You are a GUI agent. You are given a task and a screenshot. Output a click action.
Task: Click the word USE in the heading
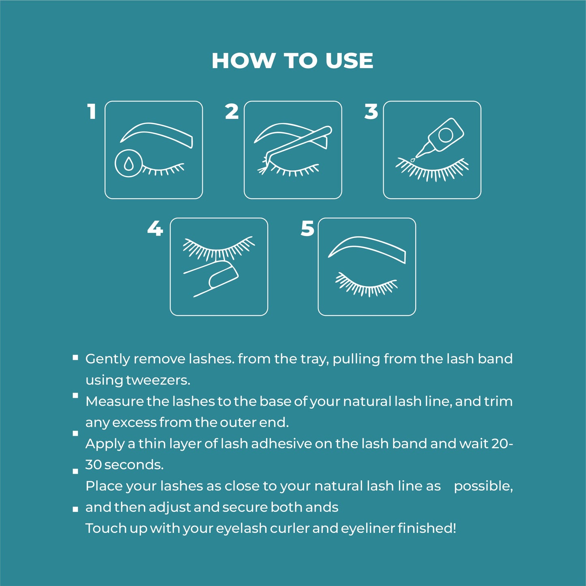click(349, 60)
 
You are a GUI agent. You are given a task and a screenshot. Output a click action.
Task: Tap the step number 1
click(92, 112)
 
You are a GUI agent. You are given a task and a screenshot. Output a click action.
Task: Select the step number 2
click(232, 112)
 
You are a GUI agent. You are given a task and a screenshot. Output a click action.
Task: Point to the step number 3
click(371, 112)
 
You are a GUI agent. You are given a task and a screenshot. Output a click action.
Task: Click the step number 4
click(155, 228)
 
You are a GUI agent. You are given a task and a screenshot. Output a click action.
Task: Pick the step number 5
click(307, 228)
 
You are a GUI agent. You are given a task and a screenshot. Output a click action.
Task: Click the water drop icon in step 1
click(128, 163)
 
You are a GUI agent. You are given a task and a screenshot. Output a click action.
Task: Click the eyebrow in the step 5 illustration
click(367, 248)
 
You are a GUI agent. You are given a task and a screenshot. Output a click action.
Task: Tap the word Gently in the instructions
click(107, 359)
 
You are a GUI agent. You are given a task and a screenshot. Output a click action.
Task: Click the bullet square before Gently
click(75, 357)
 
